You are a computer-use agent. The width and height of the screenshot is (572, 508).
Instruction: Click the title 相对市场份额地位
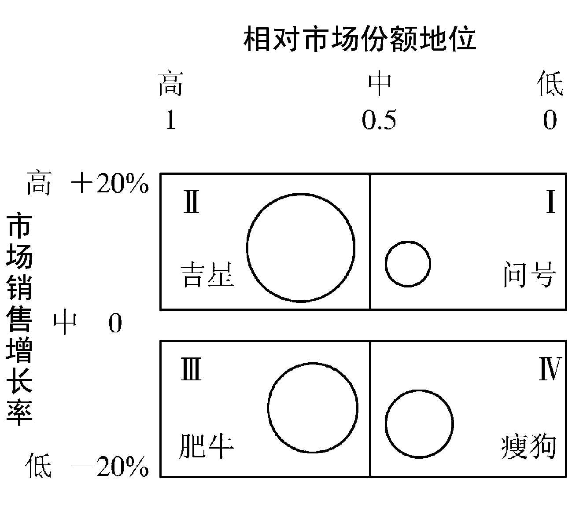point(360,39)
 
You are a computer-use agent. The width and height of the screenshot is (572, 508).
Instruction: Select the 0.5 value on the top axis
point(379,120)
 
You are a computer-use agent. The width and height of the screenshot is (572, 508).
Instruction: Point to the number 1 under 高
point(170,120)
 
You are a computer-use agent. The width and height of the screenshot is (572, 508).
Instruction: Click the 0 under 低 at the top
point(550,120)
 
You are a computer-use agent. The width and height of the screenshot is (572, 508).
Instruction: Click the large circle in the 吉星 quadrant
point(301,248)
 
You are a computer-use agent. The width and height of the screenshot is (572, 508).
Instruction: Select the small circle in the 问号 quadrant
point(408,264)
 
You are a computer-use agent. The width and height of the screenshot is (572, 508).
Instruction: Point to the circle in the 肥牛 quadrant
point(313,408)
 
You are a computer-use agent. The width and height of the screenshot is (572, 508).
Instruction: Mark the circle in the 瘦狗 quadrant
point(419,423)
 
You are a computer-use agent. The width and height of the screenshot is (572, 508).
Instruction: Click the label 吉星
point(207,275)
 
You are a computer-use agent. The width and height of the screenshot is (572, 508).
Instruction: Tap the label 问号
point(530,275)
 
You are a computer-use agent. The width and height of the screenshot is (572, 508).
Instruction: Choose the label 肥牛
point(206,446)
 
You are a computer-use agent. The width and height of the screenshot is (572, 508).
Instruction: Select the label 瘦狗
point(529,447)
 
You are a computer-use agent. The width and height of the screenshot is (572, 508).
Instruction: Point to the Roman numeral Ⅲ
point(191,369)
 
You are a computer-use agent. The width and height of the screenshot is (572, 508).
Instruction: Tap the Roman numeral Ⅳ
point(550,369)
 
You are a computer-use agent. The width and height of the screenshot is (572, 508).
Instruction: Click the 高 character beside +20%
point(39,184)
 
